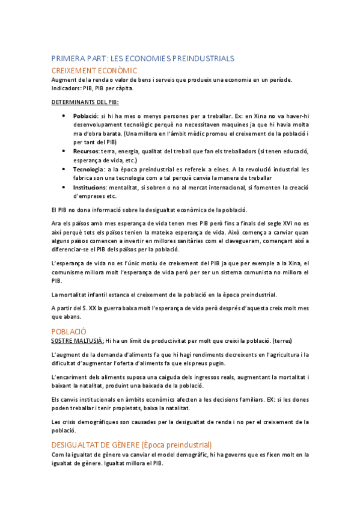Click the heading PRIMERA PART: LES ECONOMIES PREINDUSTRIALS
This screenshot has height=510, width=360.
click(x=142, y=58)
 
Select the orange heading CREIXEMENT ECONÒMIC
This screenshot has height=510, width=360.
click(x=94, y=70)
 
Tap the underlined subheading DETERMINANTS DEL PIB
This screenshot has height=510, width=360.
click(x=85, y=102)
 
